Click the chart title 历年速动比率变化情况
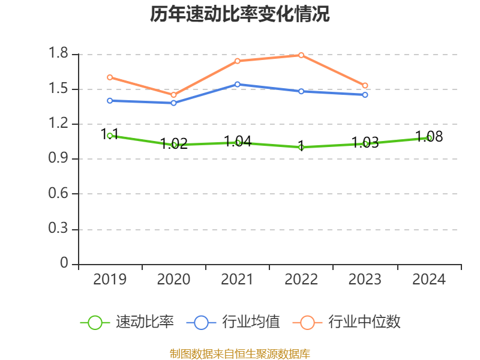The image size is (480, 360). point(240,14)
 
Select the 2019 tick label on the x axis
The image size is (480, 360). point(110,279)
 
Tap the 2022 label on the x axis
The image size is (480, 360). point(301,279)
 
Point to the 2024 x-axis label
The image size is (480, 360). point(429,279)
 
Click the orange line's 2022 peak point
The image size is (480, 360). point(301,55)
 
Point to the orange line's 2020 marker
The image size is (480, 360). point(174,95)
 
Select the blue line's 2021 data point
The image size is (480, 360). point(238,84)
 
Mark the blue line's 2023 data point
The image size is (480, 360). point(365,95)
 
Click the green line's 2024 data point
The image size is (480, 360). point(429,138)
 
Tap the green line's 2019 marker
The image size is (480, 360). point(110,136)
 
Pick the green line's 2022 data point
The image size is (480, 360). point(301,147)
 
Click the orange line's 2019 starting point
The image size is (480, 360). point(110,77)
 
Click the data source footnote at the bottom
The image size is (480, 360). point(240,353)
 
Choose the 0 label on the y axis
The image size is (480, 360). point(65,264)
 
